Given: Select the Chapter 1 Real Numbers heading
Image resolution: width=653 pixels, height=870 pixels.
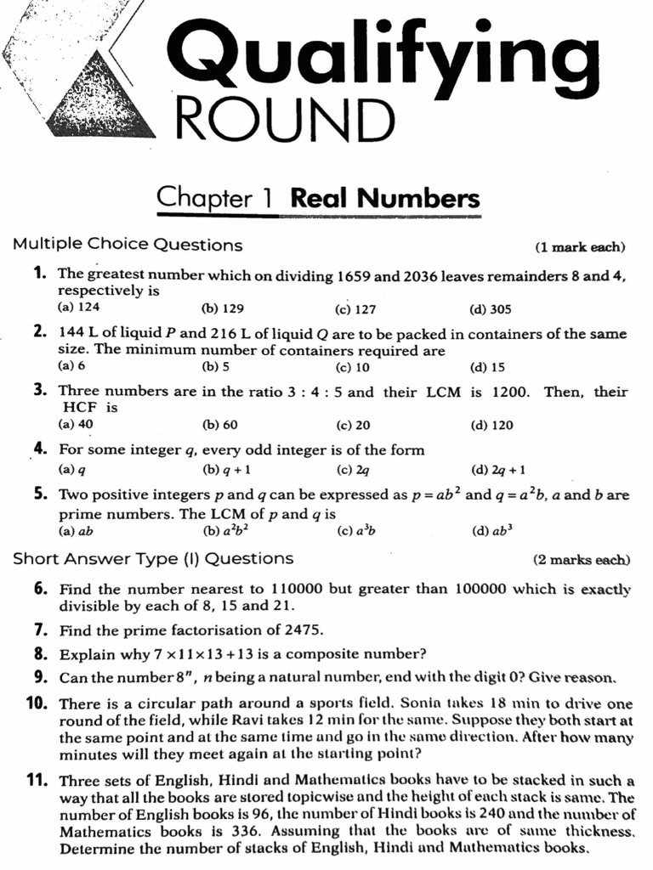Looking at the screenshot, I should (318, 198).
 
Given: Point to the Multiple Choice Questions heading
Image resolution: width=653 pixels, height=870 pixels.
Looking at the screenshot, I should (128, 246).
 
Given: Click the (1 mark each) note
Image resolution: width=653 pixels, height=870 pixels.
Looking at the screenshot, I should (579, 247).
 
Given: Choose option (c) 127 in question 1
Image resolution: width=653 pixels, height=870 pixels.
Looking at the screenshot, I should (355, 309).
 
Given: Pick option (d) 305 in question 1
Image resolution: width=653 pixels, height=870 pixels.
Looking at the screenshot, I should (490, 309).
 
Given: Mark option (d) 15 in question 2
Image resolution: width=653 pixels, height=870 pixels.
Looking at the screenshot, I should (487, 367).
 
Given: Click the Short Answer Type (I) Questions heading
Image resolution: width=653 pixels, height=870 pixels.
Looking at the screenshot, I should (153, 559).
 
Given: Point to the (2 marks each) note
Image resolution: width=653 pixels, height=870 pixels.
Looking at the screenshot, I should (582, 560).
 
